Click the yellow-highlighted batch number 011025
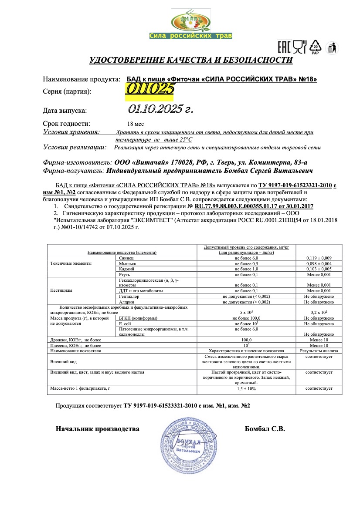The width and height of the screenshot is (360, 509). [x=149, y=89]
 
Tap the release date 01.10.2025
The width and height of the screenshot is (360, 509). [x=160, y=109]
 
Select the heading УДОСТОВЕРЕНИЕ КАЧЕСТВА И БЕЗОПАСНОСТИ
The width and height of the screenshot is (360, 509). [x=191, y=60]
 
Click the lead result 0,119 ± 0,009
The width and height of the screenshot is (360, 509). [x=319, y=258]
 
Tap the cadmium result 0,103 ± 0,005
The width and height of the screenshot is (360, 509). [x=319, y=270]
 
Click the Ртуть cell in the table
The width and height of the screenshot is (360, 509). [x=125, y=275]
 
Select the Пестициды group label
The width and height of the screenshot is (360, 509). [x=61, y=290]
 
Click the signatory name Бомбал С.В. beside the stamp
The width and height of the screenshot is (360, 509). [x=265, y=429]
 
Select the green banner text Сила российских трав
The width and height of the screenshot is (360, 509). [x=190, y=36]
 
